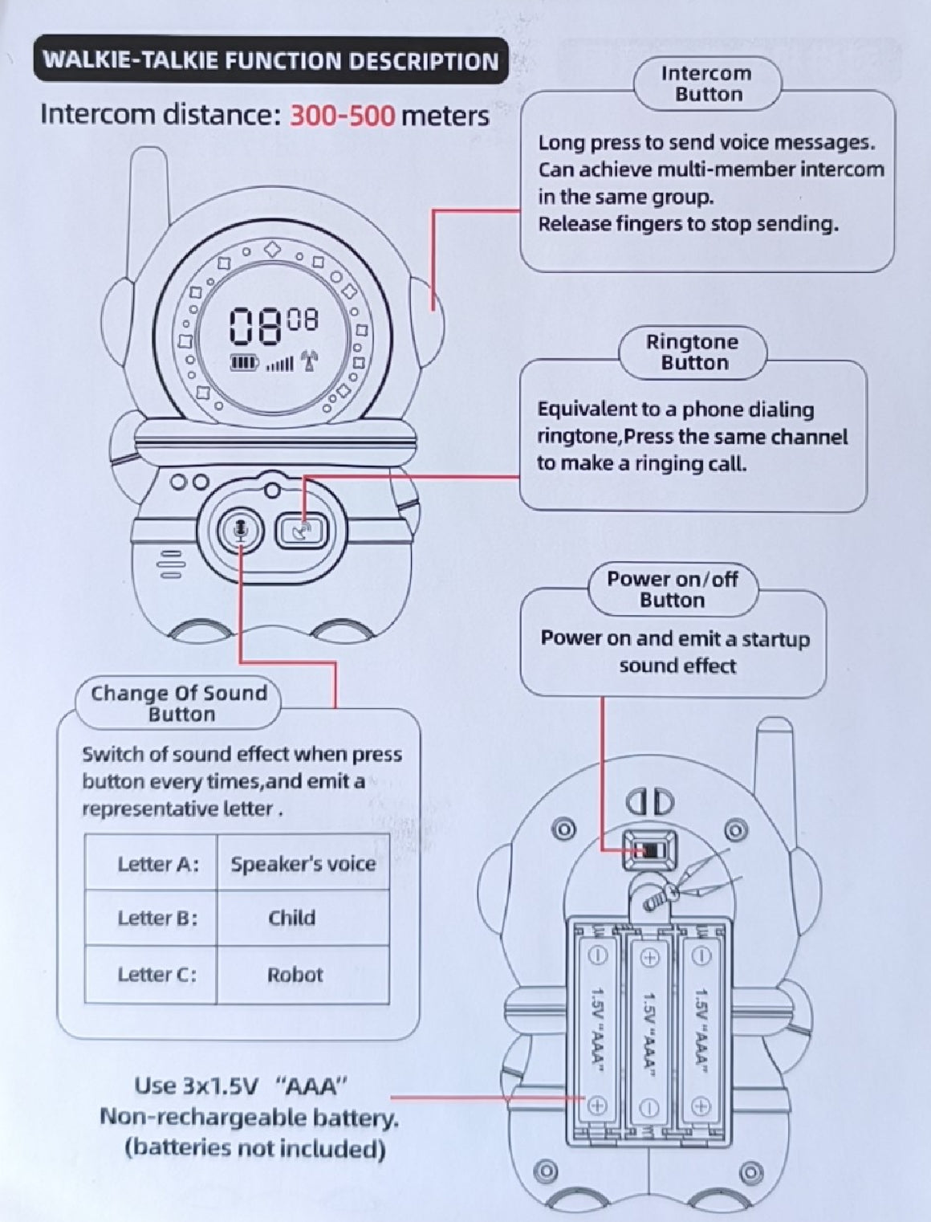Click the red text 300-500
click(x=342, y=116)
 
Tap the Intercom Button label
click(x=706, y=84)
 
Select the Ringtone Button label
click(x=693, y=352)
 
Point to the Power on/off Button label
click(x=672, y=589)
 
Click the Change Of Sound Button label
click(x=179, y=703)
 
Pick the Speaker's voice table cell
click(x=303, y=863)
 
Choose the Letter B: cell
click(x=157, y=918)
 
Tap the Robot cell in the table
click(x=295, y=975)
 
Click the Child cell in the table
click(x=291, y=918)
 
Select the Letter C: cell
click(x=157, y=975)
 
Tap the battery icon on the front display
click(x=244, y=364)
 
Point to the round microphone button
click(x=241, y=529)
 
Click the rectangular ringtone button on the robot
click(x=302, y=529)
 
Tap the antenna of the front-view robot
click(x=149, y=201)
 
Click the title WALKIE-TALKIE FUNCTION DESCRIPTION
click(x=270, y=61)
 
